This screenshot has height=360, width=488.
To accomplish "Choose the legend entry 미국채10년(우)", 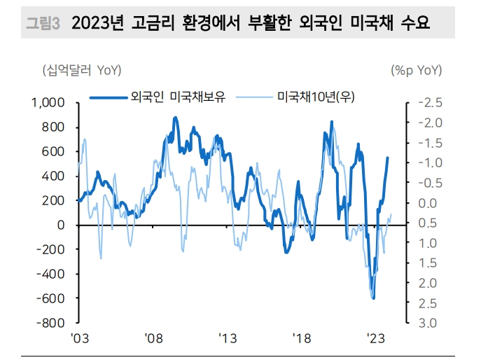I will coord(315,97).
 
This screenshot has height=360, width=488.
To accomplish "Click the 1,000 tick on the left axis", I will coord(48,103).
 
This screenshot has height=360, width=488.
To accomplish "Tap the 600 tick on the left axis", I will coord(54,152).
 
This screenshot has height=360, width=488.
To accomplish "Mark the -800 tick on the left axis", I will coord(52,324).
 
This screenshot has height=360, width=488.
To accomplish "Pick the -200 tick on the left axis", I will coord(52,249).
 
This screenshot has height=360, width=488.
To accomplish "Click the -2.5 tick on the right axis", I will coord(429,103).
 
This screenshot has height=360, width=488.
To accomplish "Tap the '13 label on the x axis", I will coord(227,338).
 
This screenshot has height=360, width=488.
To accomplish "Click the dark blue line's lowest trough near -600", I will coord(373,298).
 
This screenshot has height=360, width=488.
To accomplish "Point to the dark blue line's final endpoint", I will coord(388,158).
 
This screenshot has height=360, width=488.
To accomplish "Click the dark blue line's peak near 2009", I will coord(175,118).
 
